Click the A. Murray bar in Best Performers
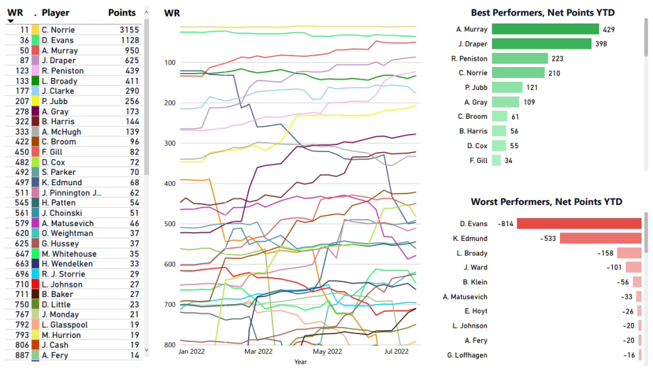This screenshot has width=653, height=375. point(545,29)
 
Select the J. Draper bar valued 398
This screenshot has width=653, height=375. point(542,43)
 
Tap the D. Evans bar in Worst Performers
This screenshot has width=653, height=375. point(579,224)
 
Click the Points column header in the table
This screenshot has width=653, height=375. point(122,13)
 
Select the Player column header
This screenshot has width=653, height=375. point(55,13)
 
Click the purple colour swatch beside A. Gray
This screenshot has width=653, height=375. point(36,111)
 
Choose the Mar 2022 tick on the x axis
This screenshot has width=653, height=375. point(258,351)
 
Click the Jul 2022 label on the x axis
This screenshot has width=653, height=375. point(396,351)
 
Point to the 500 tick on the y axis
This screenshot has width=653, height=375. point(170,224)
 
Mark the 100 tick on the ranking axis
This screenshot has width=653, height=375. point(170,63)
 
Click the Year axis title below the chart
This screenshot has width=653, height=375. point(300,362)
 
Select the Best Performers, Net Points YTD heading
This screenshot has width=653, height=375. point(547,13)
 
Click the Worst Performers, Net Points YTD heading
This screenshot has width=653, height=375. point(547,202)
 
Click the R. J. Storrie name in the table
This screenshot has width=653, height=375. point(62,274)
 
